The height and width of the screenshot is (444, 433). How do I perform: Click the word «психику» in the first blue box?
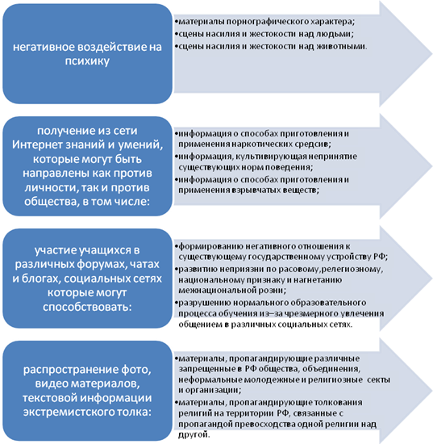(x=87, y=61)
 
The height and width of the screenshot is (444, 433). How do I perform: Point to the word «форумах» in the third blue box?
(x=100, y=265)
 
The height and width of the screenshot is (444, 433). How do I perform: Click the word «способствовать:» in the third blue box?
(x=87, y=308)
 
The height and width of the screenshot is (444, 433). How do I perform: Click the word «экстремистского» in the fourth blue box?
(x=67, y=413)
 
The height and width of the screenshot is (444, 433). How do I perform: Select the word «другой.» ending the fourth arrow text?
(x=194, y=434)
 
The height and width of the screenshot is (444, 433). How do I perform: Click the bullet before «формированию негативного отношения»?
(x=176, y=246)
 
